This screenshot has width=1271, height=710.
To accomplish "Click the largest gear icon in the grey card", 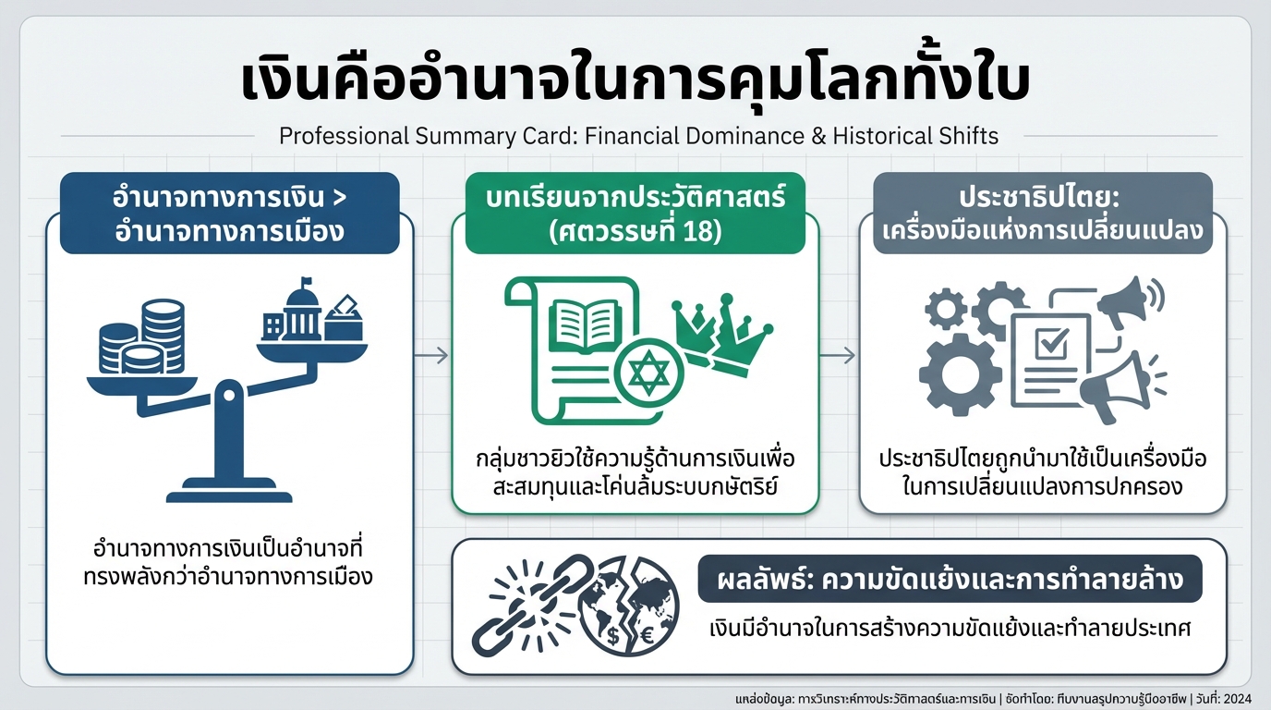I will tap(960, 373).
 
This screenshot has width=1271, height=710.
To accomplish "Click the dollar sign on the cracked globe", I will tap(614, 636).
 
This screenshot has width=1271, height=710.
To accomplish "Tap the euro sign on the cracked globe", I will tap(647, 637).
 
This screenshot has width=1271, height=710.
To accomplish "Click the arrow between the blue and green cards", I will tap(431, 355).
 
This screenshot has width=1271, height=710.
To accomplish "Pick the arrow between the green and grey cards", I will tap(839, 355).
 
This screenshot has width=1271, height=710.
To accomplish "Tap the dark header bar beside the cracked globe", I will tap(950, 579).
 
